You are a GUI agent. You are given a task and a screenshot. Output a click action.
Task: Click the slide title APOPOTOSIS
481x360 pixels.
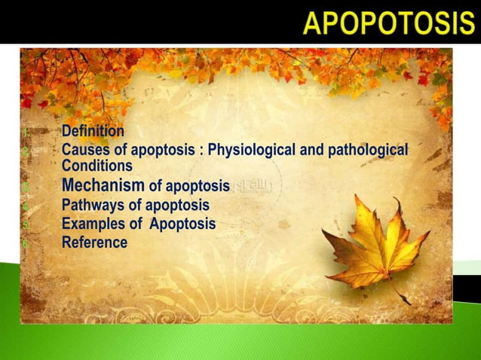pos(389,23)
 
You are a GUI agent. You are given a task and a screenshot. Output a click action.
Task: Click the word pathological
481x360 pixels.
pos(369,151)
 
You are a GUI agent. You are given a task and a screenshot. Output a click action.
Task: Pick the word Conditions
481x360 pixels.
pos(97,166)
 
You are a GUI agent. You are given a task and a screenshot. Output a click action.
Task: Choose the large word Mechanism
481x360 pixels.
pos(103,185)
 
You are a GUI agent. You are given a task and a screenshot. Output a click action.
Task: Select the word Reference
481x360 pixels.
pos(94,243)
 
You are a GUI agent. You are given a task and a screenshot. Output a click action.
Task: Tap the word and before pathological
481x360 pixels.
pos(314,151)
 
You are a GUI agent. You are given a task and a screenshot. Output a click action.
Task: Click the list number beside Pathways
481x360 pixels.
pos(26,206)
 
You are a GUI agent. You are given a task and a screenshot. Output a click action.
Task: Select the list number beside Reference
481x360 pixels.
pos(26,243)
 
